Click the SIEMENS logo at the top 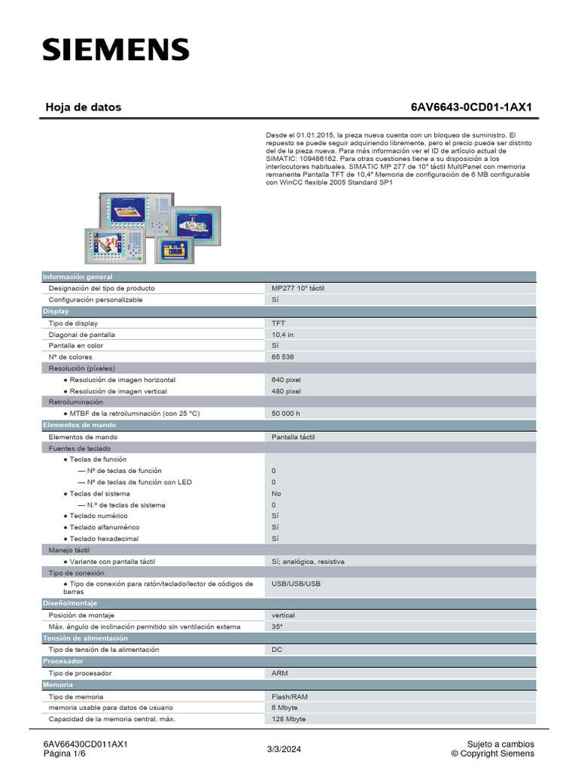point(115,50)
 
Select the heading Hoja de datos point(83,108)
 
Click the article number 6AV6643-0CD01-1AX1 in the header point(471,108)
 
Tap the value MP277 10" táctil point(298,288)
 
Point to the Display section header point(56,311)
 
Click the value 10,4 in point(283,334)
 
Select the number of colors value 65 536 point(285,356)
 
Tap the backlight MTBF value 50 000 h point(286,414)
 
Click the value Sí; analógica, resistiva point(309,561)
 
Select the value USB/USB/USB point(296,584)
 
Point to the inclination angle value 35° point(277,626)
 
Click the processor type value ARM point(280,673)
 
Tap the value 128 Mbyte point(289,719)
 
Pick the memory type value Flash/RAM point(290,696)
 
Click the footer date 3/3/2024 point(283,749)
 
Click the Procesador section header point(63,661)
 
